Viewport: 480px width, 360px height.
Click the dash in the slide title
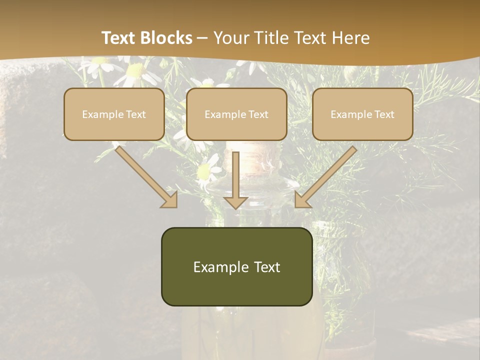202,38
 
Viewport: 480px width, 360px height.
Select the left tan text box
114,114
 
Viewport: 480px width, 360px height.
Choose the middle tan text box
236,114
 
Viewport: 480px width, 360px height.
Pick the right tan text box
362,114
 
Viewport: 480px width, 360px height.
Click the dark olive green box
236,266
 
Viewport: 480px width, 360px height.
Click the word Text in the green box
266,267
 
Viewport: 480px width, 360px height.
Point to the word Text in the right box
384,114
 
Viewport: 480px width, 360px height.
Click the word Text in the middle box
258,114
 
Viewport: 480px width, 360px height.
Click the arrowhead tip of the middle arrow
235,207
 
